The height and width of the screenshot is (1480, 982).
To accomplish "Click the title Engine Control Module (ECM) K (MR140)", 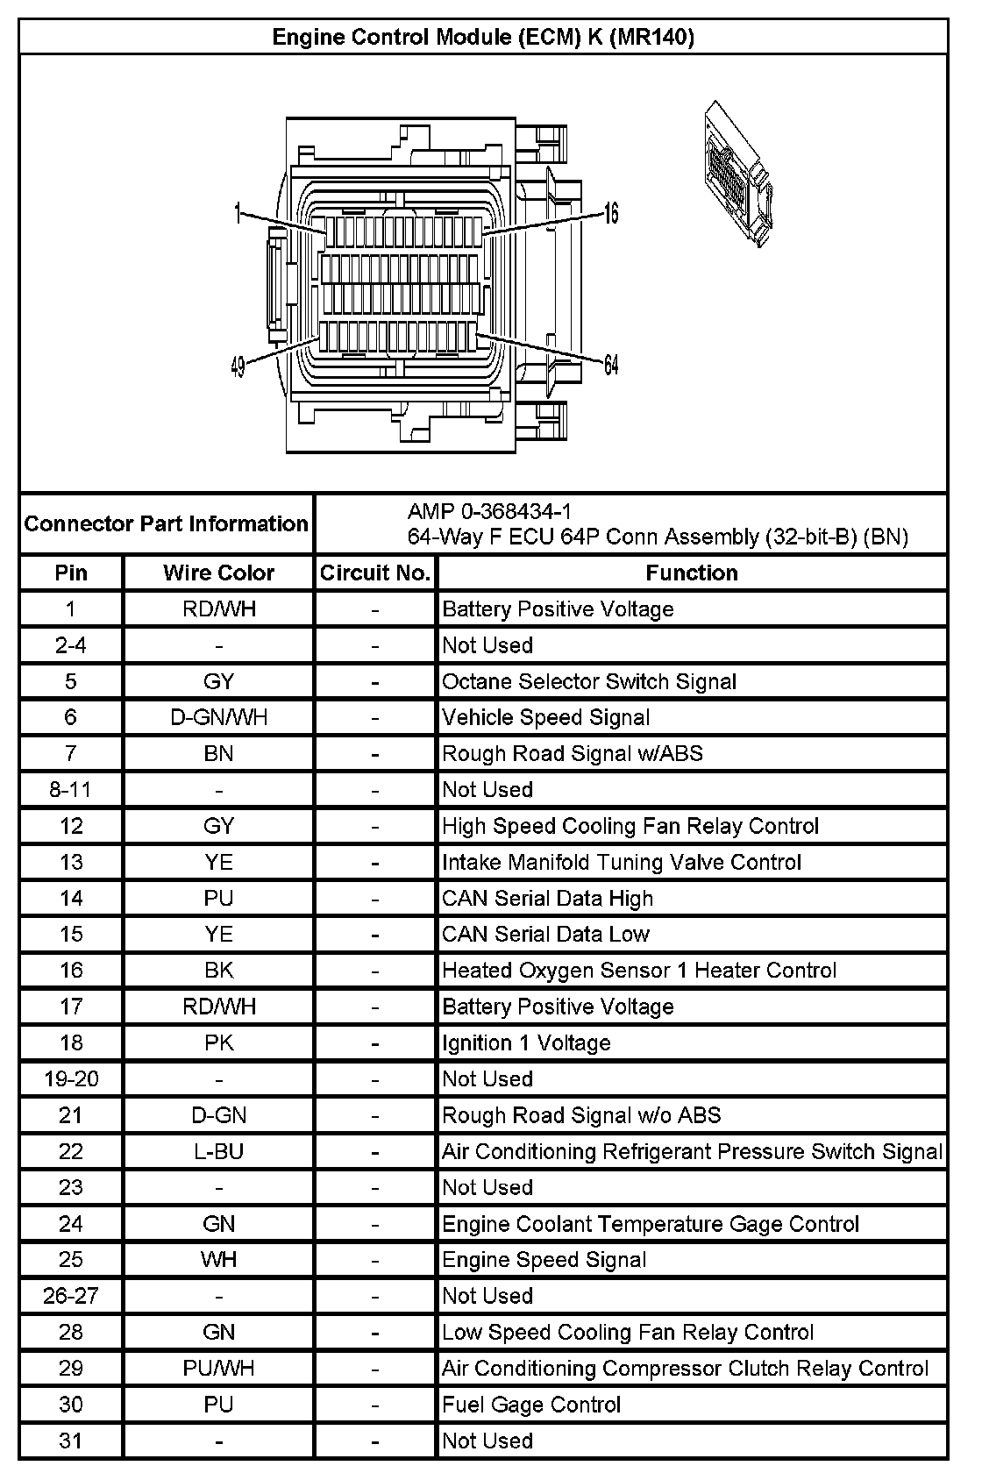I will [x=483, y=37].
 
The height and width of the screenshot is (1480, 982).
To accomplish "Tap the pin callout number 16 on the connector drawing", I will [x=611, y=213].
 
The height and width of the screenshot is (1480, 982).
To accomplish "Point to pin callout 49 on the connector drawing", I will [x=238, y=366].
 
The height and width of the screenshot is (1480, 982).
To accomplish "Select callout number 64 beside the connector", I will [x=611, y=365].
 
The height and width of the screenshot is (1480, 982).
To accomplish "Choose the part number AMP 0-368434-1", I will [x=489, y=511].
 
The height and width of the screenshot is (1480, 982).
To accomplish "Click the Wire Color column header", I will [x=218, y=573].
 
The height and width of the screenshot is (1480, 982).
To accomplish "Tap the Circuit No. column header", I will [x=375, y=573].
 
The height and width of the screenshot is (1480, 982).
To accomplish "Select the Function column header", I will [x=692, y=573].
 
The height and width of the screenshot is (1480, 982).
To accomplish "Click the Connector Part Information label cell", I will [x=167, y=524].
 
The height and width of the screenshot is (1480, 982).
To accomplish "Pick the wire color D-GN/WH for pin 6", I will [x=218, y=718].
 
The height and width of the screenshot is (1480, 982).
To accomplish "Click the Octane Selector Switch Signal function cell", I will [x=589, y=682].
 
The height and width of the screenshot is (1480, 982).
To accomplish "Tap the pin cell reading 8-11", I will [x=70, y=790].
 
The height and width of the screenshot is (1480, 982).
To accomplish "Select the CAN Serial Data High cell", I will [x=547, y=899].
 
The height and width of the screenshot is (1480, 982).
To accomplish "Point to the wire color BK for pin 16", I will [x=218, y=971].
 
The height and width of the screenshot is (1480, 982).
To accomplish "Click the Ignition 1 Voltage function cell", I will [x=526, y=1043].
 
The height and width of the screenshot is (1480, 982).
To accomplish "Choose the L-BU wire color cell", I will [x=218, y=1151].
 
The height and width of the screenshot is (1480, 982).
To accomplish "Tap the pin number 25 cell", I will [x=70, y=1260].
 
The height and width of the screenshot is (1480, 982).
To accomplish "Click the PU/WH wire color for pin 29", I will [x=218, y=1369].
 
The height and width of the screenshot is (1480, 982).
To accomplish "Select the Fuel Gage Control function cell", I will [x=531, y=1405].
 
